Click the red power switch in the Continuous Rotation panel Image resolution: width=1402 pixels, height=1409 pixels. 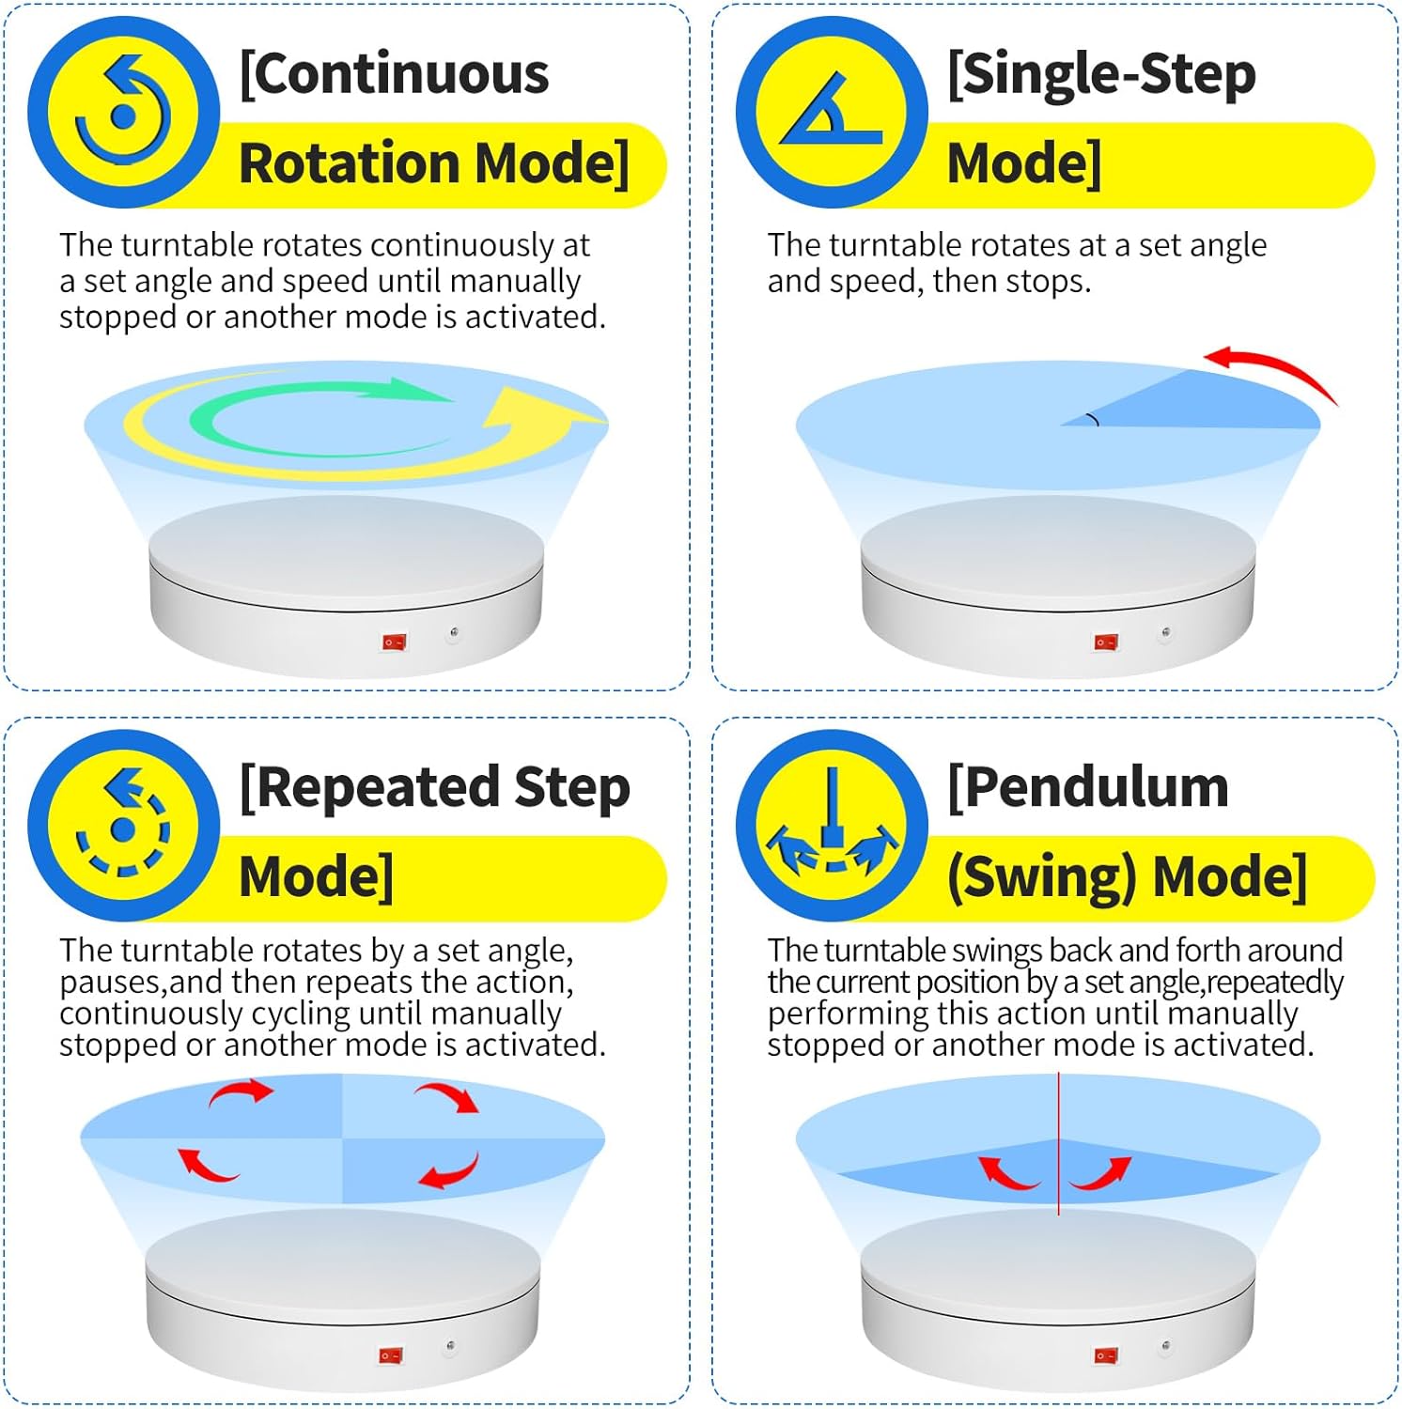[394, 643]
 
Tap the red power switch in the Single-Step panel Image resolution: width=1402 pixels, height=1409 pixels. [1106, 643]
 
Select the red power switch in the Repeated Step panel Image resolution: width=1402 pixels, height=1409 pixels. [391, 1355]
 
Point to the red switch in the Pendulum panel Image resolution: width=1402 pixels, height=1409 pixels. [1106, 1355]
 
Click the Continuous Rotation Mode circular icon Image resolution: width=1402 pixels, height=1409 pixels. [123, 112]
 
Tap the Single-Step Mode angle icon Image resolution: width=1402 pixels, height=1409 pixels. [832, 112]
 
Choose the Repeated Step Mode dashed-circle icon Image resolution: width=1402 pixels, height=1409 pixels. [123, 825]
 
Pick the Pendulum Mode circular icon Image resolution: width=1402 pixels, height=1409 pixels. [832, 825]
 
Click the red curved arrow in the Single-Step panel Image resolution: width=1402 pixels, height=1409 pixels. [1270, 371]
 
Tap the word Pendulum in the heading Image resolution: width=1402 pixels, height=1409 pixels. [1087, 787]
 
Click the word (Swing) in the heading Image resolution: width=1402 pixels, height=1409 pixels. [1043, 876]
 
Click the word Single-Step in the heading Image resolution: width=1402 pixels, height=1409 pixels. [1101, 75]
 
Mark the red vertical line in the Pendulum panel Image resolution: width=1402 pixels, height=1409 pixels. [1059, 1144]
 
